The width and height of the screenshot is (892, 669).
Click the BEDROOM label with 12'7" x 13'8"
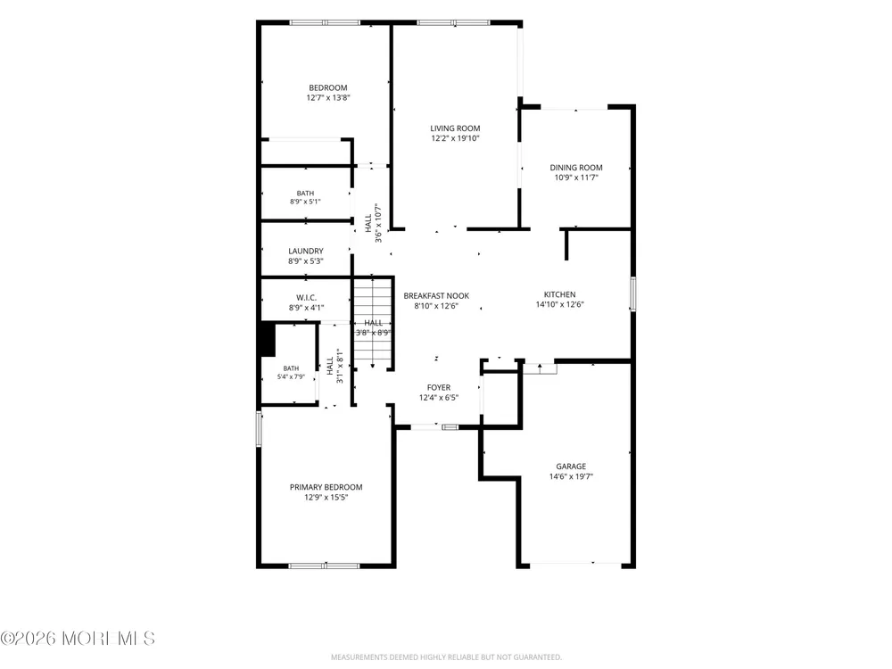(328, 87)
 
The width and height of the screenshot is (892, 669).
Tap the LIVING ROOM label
(455, 128)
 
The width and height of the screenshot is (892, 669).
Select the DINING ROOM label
(576, 168)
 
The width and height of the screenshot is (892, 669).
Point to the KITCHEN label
(560, 294)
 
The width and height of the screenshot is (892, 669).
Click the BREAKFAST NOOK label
(436, 296)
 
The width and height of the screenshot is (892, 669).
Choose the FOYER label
(439, 387)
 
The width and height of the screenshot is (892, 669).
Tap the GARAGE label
(571, 467)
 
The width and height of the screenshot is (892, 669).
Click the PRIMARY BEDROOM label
(326, 487)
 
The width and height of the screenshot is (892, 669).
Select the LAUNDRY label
(306, 251)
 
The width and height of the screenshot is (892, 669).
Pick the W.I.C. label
(306, 298)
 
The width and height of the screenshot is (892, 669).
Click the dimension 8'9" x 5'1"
(305, 202)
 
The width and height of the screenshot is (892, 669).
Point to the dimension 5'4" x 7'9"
(292, 376)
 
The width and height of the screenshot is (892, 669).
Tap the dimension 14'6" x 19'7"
(571, 476)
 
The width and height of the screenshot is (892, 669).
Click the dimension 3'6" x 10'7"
(378, 223)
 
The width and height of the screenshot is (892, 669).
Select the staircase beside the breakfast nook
(373, 323)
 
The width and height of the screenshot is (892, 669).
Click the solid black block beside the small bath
(268, 340)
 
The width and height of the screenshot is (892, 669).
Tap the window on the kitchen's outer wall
(632, 294)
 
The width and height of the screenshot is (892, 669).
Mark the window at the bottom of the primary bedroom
(325, 566)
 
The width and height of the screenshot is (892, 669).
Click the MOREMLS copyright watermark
(78, 639)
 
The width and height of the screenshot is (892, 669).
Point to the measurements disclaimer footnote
(446, 657)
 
